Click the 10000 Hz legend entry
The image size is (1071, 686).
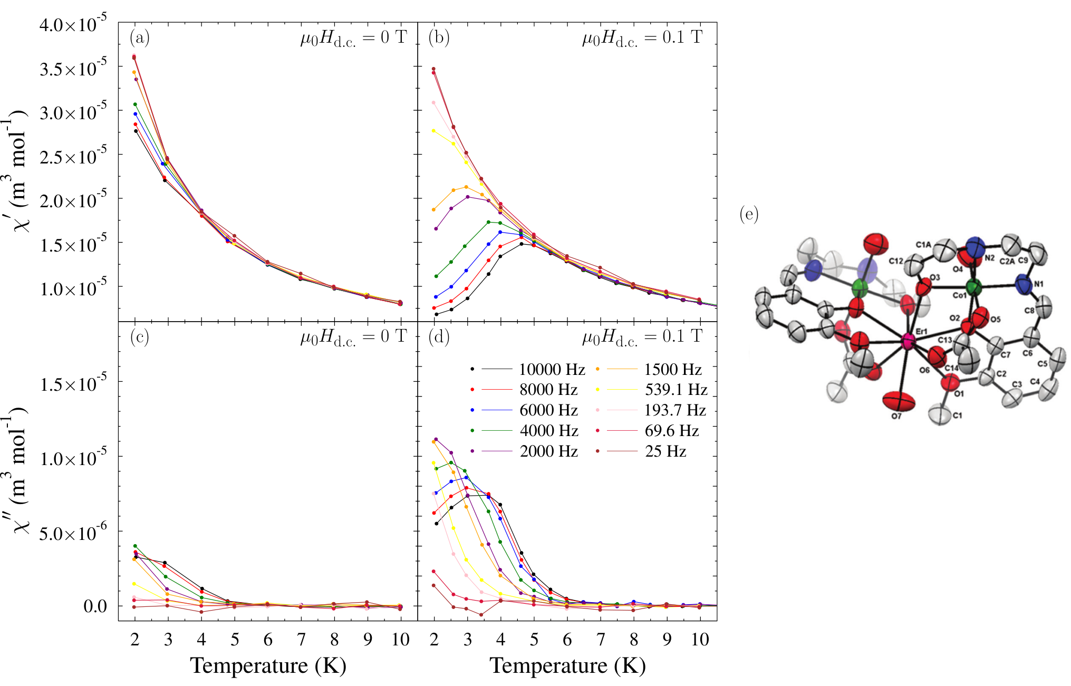(x=527, y=370)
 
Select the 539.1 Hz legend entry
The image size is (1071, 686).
(x=652, y=390)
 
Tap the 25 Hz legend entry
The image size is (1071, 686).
(x=641, y=451)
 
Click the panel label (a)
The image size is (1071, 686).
(x=140, y=37)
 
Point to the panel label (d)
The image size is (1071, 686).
(x=439, y=336)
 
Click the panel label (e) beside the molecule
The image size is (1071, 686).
(x=749, y=214)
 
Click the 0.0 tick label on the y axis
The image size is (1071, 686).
(x=95, y=606)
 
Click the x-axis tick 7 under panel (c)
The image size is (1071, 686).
(x=301, y=640)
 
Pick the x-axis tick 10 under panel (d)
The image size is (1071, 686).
(x=700, y=640)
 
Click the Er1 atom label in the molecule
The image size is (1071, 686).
(x=921, y=331)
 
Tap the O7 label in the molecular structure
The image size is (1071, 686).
(x=896, y=416)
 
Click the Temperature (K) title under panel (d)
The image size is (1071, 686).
(x=567, y=665)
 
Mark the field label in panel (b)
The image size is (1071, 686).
(x=642, y=38)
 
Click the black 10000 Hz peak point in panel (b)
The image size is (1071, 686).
(x=522, y=244)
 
